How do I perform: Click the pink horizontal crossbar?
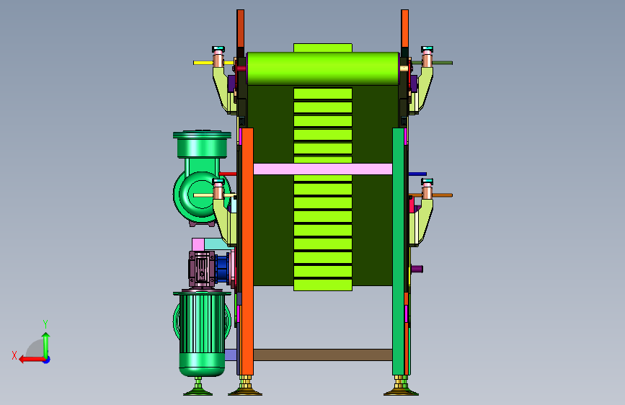coord(323,169)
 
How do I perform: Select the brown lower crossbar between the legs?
coord(323,355)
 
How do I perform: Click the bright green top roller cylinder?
coord(323,68)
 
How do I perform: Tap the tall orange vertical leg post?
coord(247,252)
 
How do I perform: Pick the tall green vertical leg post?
coord(398,252)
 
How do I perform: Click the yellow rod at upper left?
coord(213,63)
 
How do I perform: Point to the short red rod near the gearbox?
coord(228,174)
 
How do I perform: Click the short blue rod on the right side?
coord(417,174)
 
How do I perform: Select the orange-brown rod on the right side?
coord(431,195)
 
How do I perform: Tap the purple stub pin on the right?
coord(417,269)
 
